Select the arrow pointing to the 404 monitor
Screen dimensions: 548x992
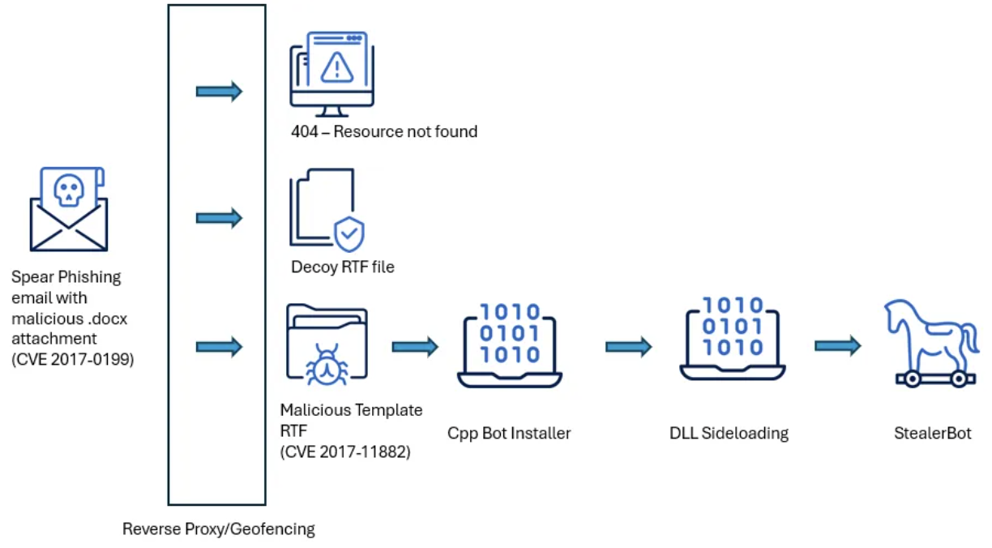coord(219,92)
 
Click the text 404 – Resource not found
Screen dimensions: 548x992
coord(384,131)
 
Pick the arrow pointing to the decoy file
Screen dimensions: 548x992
coord(219,217)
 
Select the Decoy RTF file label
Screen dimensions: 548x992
coord(343,267)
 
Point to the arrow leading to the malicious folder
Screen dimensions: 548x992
coord(219,347)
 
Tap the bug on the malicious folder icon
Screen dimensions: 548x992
coord(327,364)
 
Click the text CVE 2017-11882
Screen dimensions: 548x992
coord(345,452)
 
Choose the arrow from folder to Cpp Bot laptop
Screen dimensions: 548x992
coord(415,347)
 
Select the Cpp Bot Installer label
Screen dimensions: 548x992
coord(509,433)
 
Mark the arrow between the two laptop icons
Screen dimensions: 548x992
coord(628,347)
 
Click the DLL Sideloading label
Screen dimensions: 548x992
coord(729,433)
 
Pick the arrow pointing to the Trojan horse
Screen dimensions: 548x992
coord(837,346)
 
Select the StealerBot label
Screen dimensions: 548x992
coord(932,433)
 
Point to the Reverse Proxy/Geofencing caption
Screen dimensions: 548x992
coord(219,529)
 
